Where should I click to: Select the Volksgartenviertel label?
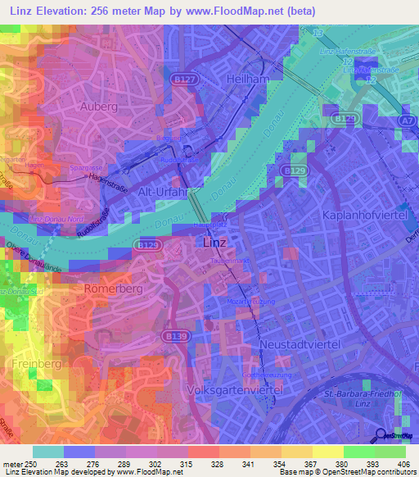click(x=234, y=391)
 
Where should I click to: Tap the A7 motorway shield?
click(x=407, y=120)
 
